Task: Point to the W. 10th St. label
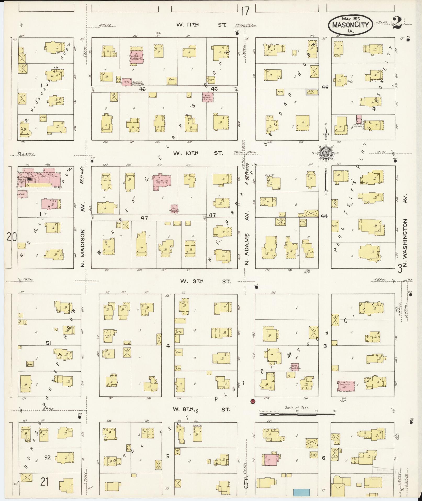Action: click(x=200, y=153)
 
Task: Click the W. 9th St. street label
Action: click(x=205, y=282)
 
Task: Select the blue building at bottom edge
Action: click(x=301, y=492)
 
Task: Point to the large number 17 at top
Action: click(x=245, y=11)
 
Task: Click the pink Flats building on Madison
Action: click(x=39, y=178)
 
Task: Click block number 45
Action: click(x=325, y=87)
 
